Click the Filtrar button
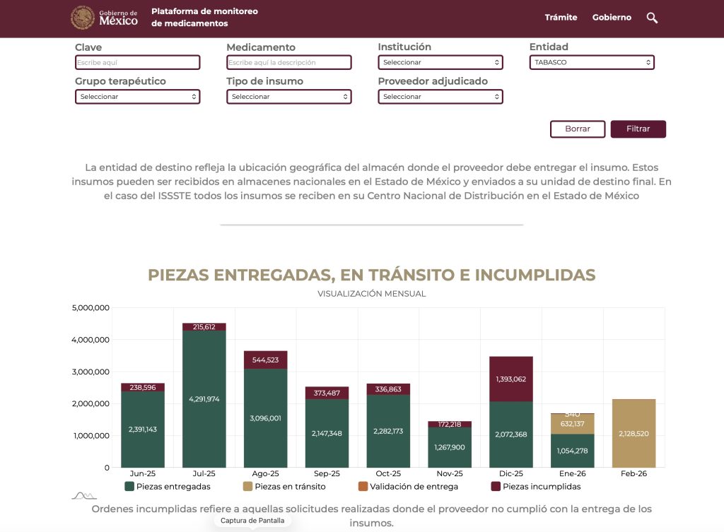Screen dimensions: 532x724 coord(638,129)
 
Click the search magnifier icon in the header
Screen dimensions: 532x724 coord(652,18)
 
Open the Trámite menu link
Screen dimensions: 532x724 coord(561,18)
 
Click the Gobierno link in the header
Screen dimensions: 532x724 coord(612,18)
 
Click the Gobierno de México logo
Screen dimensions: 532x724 coord(105,18)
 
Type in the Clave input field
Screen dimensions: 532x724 coord(137,63)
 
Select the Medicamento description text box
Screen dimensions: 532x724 coord(288,63)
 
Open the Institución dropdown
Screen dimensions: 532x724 coord(440,63)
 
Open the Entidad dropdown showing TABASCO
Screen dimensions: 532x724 coord(591,63)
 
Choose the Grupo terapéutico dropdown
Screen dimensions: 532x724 coord(137,97)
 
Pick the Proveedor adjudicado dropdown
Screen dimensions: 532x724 coord(440,97)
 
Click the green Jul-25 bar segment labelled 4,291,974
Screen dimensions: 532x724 coord(204,398)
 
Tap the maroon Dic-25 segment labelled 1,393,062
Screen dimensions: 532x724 coord(511,379)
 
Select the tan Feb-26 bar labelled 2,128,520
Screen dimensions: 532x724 coord(633,433)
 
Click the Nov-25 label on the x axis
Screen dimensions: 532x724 coord(449,473)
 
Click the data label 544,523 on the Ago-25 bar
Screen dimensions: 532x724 coord(266,360)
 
